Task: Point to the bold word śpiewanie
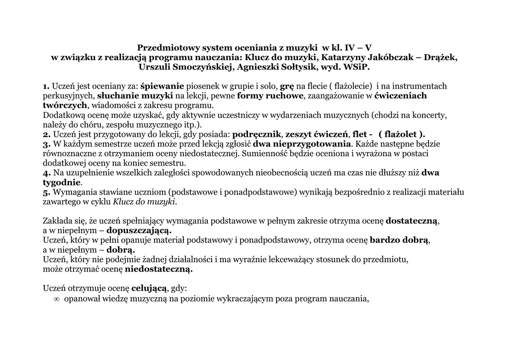pyautogui.click(x=163, y=86)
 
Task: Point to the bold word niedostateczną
pyautogui.click(x=159, y=269)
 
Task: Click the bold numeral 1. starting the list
pyautogui.click(x=46, y=86)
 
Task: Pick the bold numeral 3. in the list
pyautogui.click(x=47, y=144)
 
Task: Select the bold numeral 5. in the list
pyautogui.click(x=47, y=192)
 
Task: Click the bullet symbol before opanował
pyautogui.click(x=56, y=299)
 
